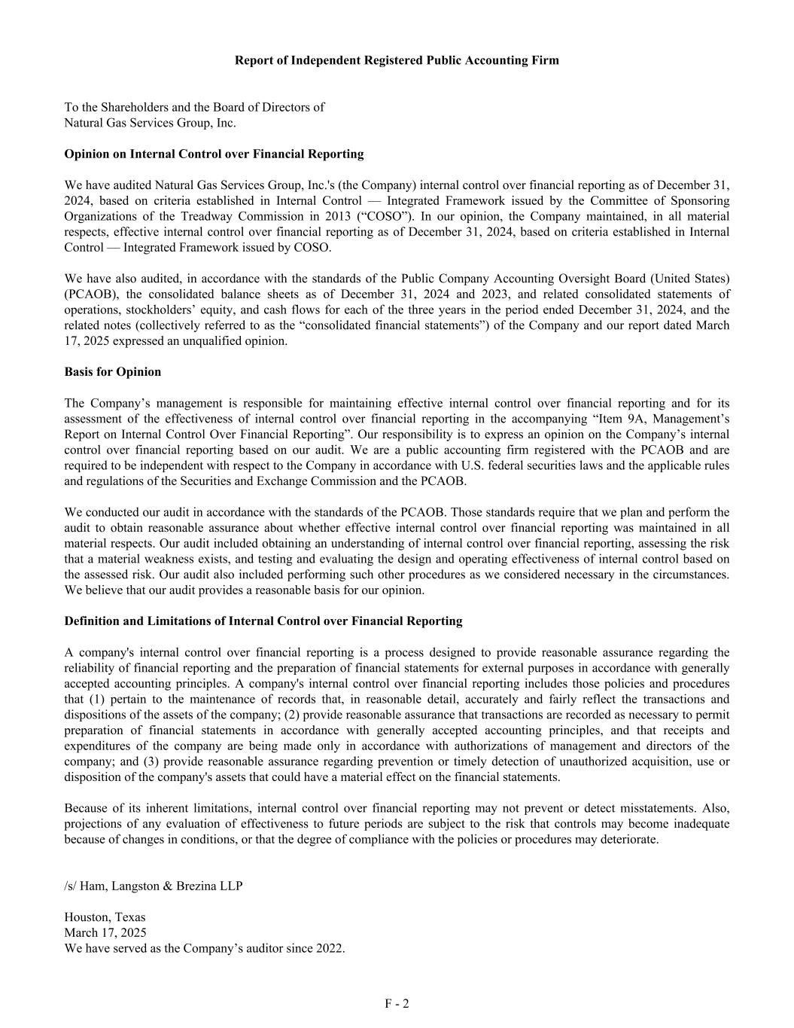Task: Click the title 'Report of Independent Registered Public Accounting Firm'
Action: (x=397, y=60)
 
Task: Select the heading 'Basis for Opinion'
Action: (x=113, y=372)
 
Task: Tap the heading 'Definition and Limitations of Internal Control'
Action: (x=263, y=621)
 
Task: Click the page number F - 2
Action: (x=397, y=1003)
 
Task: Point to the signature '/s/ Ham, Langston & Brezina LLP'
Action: (x=154, y=886)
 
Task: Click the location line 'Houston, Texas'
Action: (x=105, y=917)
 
